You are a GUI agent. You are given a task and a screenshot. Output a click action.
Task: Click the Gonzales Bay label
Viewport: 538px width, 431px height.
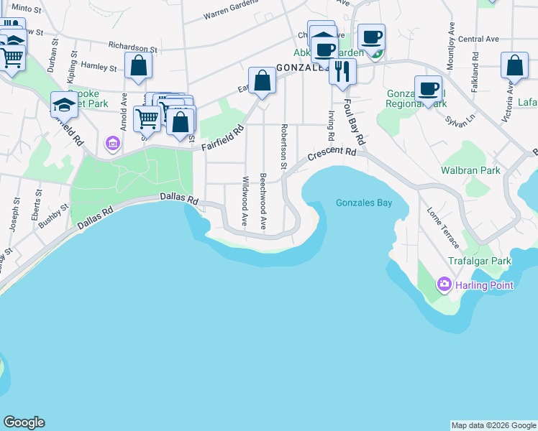click(x=364, y=203)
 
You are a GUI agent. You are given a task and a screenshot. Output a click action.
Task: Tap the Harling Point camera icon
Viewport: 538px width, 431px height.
click(x=444, y=285)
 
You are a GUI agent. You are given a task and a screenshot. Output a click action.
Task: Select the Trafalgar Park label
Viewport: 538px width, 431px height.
click(x=479, y=261)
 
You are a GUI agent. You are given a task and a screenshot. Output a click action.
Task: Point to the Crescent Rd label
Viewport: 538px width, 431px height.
click(x=332, y=154)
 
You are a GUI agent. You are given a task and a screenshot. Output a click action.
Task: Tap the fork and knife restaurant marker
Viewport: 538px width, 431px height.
click(x=342, y=71)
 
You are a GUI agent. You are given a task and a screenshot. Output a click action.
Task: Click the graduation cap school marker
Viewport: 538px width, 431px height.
click(x=64, y=105)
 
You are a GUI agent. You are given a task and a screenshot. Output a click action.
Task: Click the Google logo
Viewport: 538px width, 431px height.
click(x=24, y=422)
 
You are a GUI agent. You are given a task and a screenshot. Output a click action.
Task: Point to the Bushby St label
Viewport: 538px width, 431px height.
click(x=53, y=215)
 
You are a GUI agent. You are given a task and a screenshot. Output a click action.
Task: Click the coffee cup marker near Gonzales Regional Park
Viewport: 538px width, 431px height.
click(x=428, y=88)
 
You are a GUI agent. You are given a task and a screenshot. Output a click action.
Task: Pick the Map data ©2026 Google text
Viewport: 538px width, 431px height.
click(x=493, y=425)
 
